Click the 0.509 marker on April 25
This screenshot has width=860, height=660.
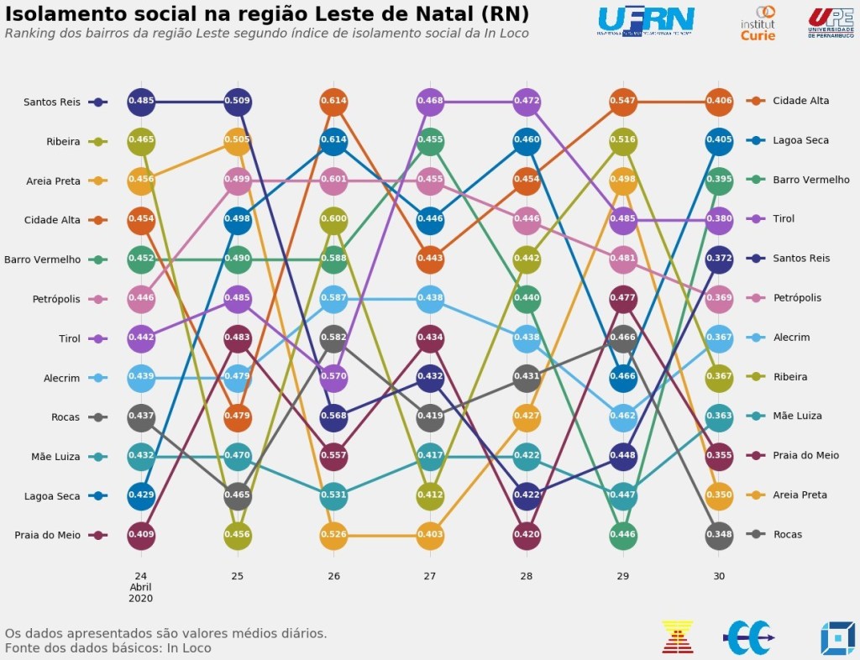(238, 102)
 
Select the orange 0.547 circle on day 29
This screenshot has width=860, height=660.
(622, 101)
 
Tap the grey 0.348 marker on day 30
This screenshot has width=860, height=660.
(718, 534)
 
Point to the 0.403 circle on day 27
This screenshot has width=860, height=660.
(430, 534)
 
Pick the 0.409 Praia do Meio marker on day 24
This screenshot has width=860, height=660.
(141, 534)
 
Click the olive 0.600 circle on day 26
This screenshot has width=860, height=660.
(333, 218)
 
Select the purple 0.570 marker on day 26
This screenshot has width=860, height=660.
(333, 377)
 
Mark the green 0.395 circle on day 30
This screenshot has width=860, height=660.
(718, 180)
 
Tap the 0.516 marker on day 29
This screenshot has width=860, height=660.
(622, 140)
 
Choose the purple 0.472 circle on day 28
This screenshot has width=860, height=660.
(526, 102)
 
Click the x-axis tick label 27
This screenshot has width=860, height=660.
(430, 577)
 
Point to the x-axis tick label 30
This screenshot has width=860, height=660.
(718, 577)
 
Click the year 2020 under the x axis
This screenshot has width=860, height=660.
(141, 599)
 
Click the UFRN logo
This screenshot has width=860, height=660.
(646, 20)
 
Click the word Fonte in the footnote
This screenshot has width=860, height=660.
(24, 648)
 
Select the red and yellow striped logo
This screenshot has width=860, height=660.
(677, 636)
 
